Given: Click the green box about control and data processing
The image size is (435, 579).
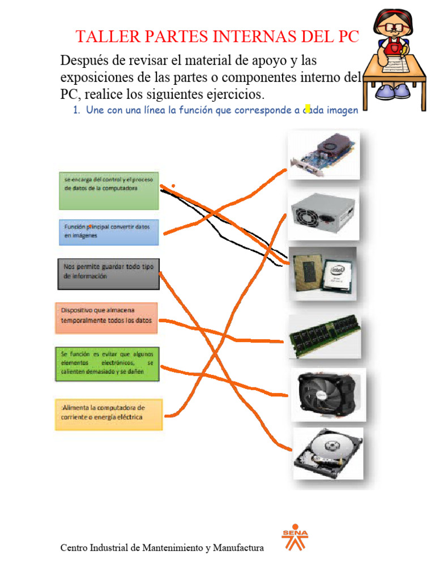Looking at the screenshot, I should pyautogui.click(x=109, y=191).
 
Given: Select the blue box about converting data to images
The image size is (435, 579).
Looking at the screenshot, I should pyautogui.click(x=109, y=232).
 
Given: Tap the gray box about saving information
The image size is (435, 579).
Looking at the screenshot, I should pyautogui.click(x=109, y=274).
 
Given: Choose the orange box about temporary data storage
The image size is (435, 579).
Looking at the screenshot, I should pyautogui.click(x=106, y=318).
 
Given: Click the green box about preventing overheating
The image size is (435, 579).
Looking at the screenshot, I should pyautogui.click(x=107, y=364).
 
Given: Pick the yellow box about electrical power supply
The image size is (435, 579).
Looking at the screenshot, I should pyautogui.click(x=109, y=414).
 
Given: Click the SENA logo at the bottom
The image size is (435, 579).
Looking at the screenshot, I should pyautogui.click(x=295, y=537).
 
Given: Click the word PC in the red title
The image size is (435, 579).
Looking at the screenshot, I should pyautogui.click(x=349, y=37).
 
